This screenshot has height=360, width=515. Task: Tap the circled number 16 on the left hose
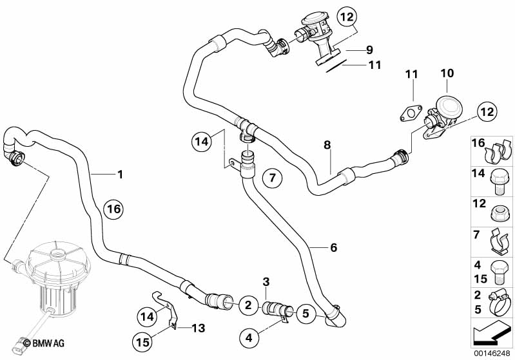tap(113, 209)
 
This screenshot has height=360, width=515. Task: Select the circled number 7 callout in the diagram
tap(272, 177)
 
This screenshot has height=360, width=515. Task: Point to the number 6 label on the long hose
tap(333, 247)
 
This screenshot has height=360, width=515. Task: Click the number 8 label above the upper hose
tap(327, 146)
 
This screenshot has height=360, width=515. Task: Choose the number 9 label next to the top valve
tap(369, 50)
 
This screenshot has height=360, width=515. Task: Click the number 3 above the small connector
tap(266, 281)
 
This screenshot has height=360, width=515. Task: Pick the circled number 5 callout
tap(306, 314)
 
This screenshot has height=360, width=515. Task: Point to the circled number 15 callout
tap(146, 339)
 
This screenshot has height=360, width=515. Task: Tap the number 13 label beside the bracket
tap(198, 328)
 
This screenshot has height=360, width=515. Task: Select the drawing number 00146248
tap(493, 354)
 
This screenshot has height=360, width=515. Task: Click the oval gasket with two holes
tap(407, 115)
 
